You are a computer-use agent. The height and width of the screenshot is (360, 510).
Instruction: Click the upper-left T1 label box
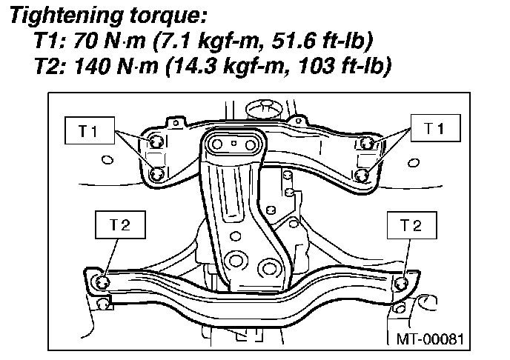[x=90, y=130]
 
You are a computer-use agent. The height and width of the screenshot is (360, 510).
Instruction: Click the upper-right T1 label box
[x=436, y=128]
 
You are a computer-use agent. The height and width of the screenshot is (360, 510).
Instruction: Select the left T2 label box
[x=120, y=225]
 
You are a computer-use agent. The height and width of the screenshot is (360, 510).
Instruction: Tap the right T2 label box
[x=411, y=225]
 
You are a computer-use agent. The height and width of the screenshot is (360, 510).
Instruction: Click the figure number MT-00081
[x=430, y=339]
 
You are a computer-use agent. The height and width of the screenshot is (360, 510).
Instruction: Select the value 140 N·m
[x=116, y=66]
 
